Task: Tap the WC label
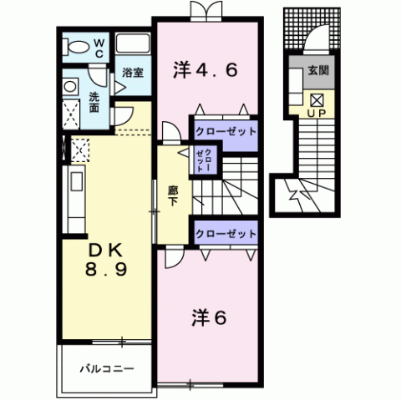coord(99,48)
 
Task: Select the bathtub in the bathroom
coord(133,43)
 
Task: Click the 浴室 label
coord(133,73)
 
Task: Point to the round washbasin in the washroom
coord(70,86)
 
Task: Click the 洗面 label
coord(94,102)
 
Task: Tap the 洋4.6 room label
coord(206,69)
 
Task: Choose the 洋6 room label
coord(209,318)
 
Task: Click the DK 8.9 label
coord(106,260)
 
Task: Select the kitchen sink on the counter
coord(77,181)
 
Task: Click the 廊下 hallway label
coord(173,196)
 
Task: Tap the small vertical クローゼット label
coord(204,161)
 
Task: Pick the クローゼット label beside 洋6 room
coord(226,233)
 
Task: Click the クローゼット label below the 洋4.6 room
coord(226,131)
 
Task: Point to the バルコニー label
coord(107,369)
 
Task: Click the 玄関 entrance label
coord(318,70)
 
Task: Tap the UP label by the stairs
coord(317,114)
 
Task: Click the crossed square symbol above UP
coord(317,100)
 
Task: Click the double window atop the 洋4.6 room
coord(206,11)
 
